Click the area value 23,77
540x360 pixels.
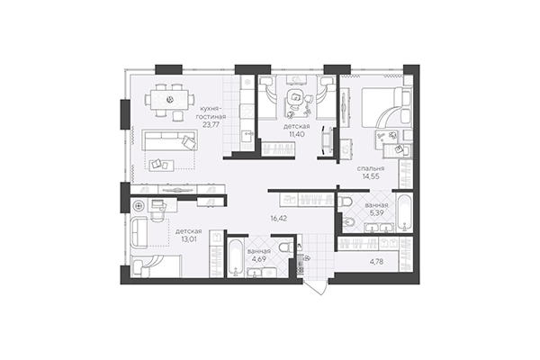(x=212, y=126)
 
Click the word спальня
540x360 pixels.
(x=370, y=167)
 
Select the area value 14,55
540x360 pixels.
(x=370, y=178)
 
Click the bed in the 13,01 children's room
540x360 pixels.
(x=156, y=266)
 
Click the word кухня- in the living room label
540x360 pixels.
(x=212, y=107)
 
